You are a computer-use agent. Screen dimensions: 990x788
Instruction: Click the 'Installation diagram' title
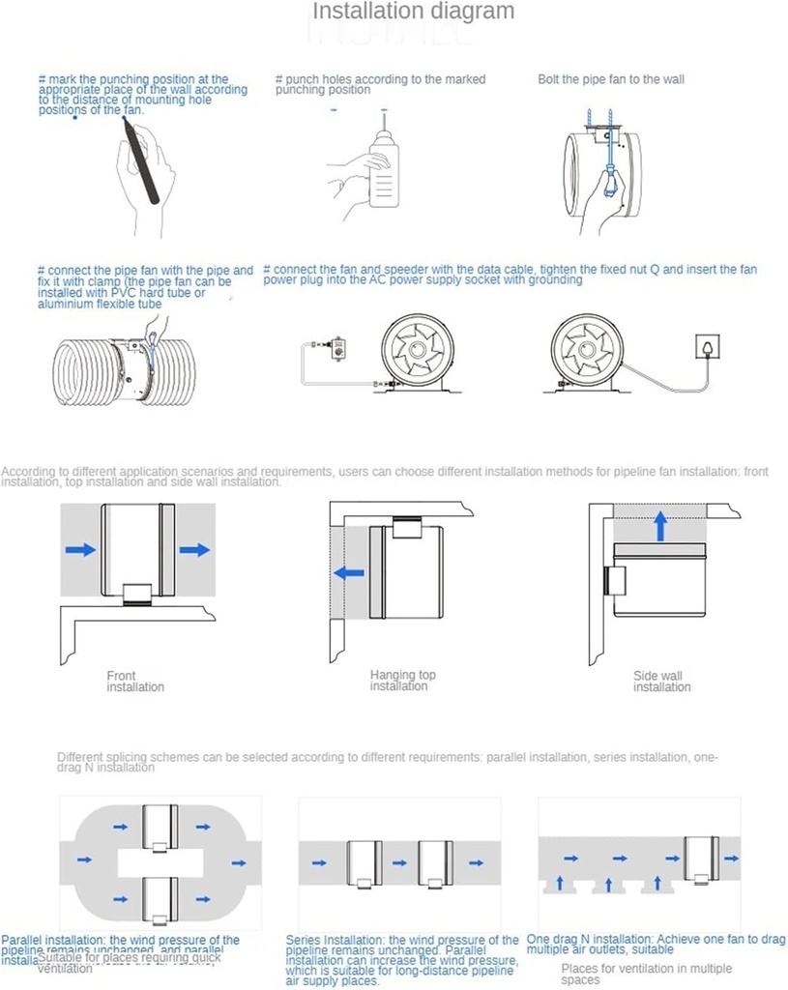pyautogui.click(x=413, y=12)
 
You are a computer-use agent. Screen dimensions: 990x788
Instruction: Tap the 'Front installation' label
pyautogui.click(x=134, y=682)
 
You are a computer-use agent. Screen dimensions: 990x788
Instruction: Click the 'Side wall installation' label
pyautogui.click(x=661, y=682)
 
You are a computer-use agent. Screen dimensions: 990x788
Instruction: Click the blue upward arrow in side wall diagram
pyautogui.click(x=659, y=526)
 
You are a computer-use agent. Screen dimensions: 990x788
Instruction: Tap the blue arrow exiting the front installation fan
pyautogui.click(x=194, y=549)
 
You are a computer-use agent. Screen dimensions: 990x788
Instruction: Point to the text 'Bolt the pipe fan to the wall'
pyautogui.click(x=610, y=79)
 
